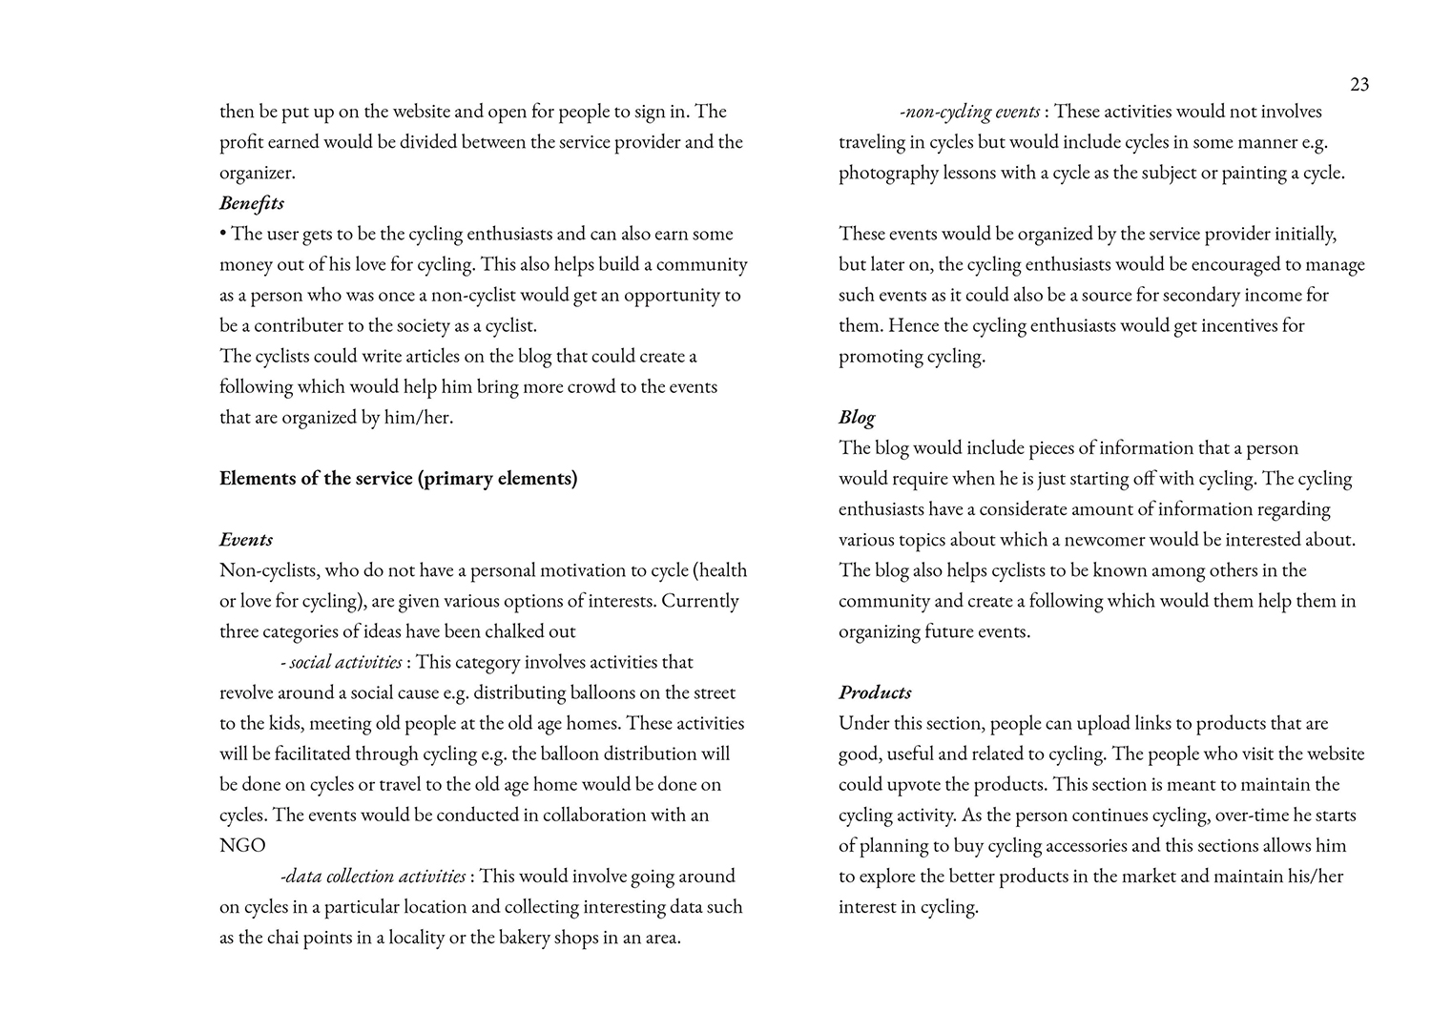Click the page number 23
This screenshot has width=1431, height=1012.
tap(1359, 85)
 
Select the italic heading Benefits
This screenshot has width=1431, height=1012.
tap(252, 203)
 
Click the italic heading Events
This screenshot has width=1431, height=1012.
tap(246, 540)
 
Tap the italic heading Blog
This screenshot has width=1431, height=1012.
tap(857, 418)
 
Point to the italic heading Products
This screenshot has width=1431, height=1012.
tap(875, 692)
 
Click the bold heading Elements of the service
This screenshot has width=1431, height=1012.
tap(398, 479)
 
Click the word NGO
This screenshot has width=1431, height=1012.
tap(242, 846)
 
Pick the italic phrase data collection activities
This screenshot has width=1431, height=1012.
tap(374, 876)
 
